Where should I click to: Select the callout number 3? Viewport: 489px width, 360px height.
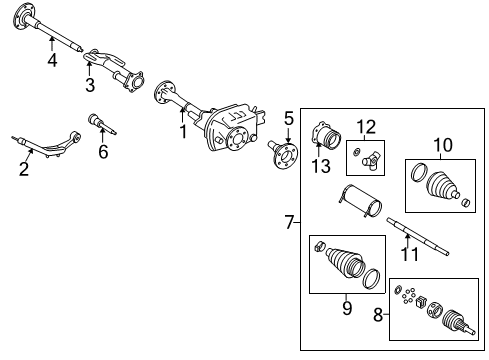click(89, 85)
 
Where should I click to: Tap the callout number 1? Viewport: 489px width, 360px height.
click(182, 130)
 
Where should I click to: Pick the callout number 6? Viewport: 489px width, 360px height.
click(102, 152)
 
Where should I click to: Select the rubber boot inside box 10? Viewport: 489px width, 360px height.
click(438, 190)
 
